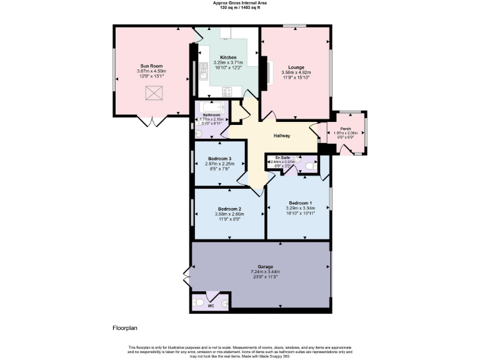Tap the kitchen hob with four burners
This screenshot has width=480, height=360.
point(229,91)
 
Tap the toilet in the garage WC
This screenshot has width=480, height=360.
point(199,302)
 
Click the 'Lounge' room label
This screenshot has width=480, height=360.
point(296,67)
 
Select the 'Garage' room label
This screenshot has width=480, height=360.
point(257,267)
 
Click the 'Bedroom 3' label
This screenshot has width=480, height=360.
point(220,159)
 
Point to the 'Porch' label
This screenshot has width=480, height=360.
point(345,129)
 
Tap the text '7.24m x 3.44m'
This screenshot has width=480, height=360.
point(257,272)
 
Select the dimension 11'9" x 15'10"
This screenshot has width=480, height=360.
point(296,77)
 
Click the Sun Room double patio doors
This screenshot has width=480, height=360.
point(151,121)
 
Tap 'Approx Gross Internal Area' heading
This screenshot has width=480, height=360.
point(239,3)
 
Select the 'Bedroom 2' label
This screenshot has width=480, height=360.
point(229,209)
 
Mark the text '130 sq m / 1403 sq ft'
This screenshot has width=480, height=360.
point(239,8)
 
